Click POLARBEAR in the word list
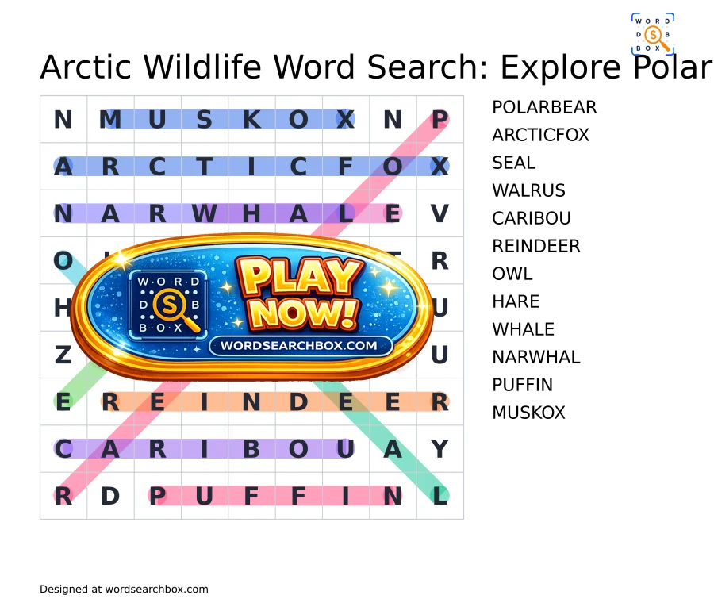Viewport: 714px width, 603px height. [544, 107]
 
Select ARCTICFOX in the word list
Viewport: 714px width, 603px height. [540, 135]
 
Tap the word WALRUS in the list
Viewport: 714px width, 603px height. [528, 191]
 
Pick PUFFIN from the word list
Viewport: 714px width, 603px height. [522, 386]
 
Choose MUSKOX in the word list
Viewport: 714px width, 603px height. [528, 413]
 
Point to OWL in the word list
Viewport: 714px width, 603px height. [512, 275]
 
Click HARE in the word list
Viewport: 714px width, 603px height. [516, 302]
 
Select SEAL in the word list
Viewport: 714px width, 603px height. [513, 163]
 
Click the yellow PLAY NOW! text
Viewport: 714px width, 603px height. [301, 294]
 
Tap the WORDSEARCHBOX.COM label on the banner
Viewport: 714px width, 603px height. [299, 346]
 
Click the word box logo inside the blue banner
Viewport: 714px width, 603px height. [168, 304]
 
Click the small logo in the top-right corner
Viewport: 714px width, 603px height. [653, 34]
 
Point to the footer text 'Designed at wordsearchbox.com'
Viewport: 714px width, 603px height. [124, 590]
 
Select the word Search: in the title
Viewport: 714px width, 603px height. [428, 67]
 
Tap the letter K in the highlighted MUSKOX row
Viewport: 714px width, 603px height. [251, 120]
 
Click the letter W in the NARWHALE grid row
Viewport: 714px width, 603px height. [205, 213]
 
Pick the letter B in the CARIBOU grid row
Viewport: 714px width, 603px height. [251, 449]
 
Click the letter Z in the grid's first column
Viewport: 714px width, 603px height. [63, 355]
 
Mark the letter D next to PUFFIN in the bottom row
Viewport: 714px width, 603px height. [110, 496]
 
